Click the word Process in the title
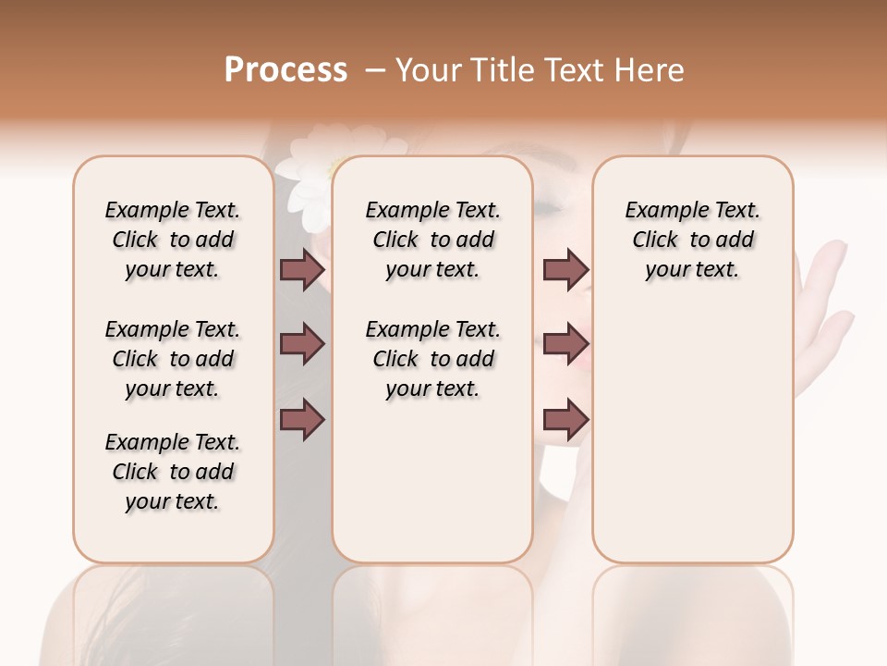click(286, 70)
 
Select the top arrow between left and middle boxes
click(302, 269)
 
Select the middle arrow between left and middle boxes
click(302, 344)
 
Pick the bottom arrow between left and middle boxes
click(302, 419)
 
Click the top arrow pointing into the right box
click(565, 269)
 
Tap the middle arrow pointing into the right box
click(565, 344)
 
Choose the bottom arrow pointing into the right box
click(565, 419)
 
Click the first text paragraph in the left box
click(173, 240)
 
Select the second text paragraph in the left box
click(173, 359)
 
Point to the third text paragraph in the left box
click(173, 472)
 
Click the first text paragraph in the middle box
click(432, 240)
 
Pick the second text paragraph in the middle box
click(432, 359)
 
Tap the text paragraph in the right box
click(692, 240)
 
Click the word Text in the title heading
click(570, 70)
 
